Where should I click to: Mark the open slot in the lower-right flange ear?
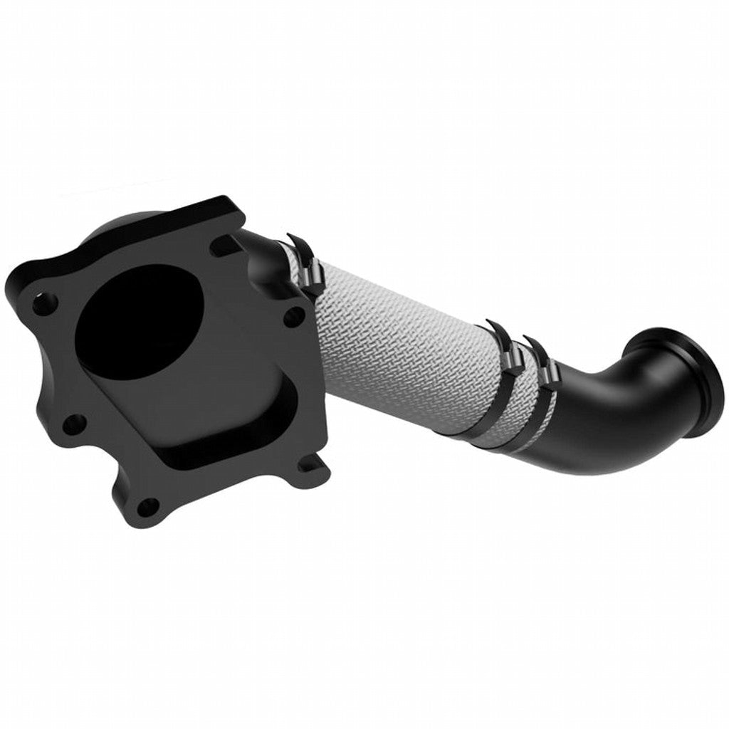(308, 466)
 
